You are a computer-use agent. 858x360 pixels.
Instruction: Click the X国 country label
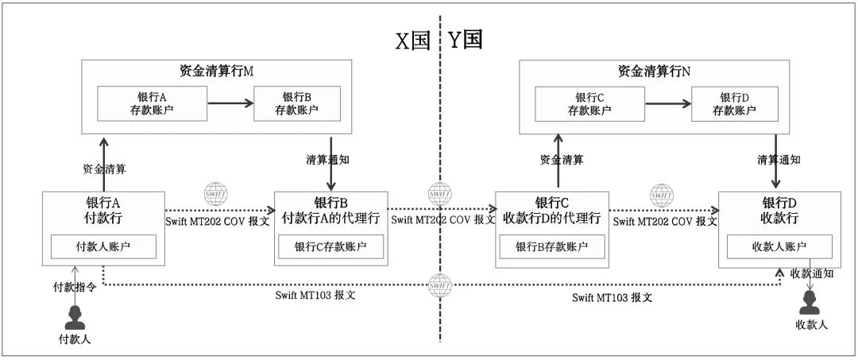413,41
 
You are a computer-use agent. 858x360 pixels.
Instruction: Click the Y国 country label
466,41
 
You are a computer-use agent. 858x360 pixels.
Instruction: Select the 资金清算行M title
216,71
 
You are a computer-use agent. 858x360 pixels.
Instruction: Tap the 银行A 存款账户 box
150,103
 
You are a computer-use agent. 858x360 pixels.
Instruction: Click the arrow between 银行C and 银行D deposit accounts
667,103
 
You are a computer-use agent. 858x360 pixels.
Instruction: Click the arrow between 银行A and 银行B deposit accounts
230,103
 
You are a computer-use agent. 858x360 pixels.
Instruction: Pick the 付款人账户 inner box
103,247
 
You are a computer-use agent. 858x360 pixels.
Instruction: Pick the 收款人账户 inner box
780,247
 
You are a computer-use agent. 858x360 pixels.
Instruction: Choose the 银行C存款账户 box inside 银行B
330,247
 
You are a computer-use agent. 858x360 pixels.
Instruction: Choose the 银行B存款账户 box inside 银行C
551,247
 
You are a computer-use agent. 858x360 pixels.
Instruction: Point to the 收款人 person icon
810,303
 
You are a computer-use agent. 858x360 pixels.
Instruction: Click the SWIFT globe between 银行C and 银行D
661,194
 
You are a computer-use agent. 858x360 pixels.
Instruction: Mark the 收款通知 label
812,273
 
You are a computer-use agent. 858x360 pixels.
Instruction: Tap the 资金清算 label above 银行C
562,160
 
